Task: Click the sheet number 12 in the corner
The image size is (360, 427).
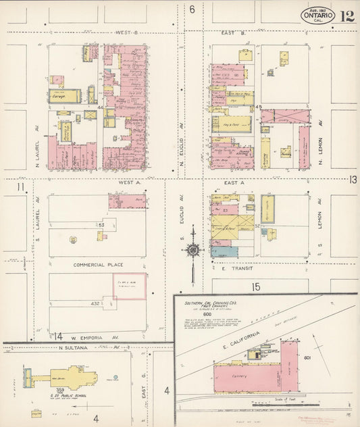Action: pos(347,16)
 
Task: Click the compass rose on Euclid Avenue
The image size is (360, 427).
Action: pos(194,249)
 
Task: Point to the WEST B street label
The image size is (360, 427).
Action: pos(126,32)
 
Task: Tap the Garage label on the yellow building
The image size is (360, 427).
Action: pos(61,96)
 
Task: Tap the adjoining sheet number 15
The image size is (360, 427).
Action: pos(256,287)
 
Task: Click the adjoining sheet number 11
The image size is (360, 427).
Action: pos(21,187)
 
